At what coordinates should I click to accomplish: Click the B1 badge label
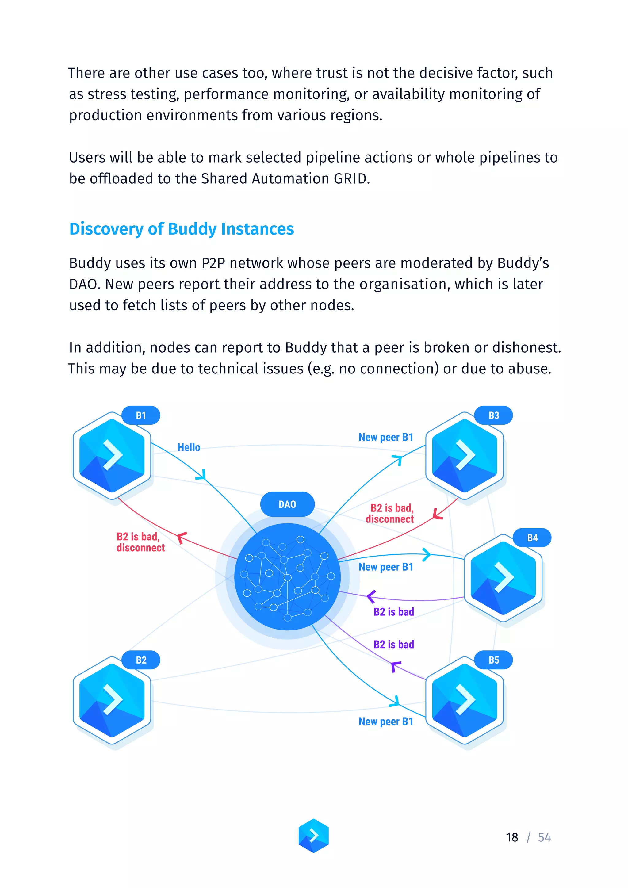pyautogui.click(x=141, y=415)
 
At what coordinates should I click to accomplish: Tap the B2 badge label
pyautogui.click(x=141, y=660)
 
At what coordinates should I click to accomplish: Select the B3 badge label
pyautogui.click(x=493, y=415)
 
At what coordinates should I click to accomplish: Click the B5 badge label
pyautogui.click(x=493, y=660)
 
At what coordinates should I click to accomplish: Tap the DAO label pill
pyautogui.click(x=287, y=504)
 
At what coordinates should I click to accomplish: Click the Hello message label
pyautogui.click(x=189, y=447)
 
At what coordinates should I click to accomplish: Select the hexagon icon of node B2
pyautogui.click(x=112, y=700)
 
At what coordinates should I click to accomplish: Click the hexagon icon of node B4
pyautogui.click(x=503, y=578)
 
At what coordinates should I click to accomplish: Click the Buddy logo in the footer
pyautogui.click(x=314, y=835)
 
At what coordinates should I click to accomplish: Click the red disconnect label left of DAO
pyautogui.click(x=140, y=542)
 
